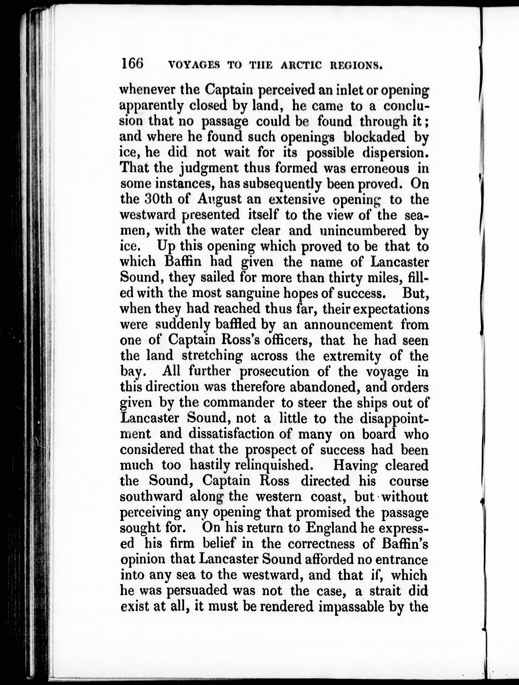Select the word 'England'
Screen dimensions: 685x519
click(x=331, y=528)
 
